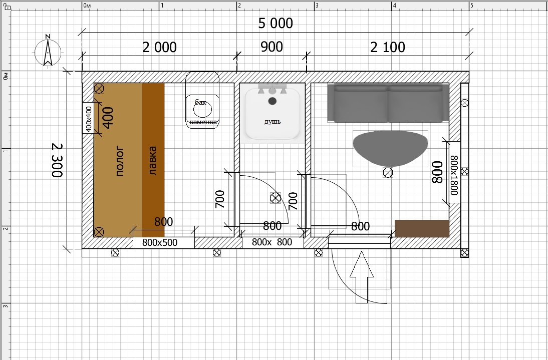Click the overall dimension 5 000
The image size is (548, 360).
tap(276, 24)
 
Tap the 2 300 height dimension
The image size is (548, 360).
tap(57, 160)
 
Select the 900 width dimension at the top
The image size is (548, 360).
tap(271, 47)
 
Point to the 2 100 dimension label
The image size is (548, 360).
tap(388, 47)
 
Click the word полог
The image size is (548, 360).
tap(120, 161)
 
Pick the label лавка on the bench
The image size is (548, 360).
tap(152, 161)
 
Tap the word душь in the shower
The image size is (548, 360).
tap(272, 122)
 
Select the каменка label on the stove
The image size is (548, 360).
tap(203, 122)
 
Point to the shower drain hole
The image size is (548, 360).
tap(272, 101)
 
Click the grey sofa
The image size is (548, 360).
tap(388, 103)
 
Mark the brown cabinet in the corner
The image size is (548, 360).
tap(422, 228)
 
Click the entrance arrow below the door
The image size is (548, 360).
tap(362, 277)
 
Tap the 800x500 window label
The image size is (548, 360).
tap(160, 242)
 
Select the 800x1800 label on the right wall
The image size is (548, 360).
tap(454, 175)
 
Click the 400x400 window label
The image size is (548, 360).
tap(89, 119)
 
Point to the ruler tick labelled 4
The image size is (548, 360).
tap(394, 6)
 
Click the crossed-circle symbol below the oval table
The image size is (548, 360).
tap(388, 172)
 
